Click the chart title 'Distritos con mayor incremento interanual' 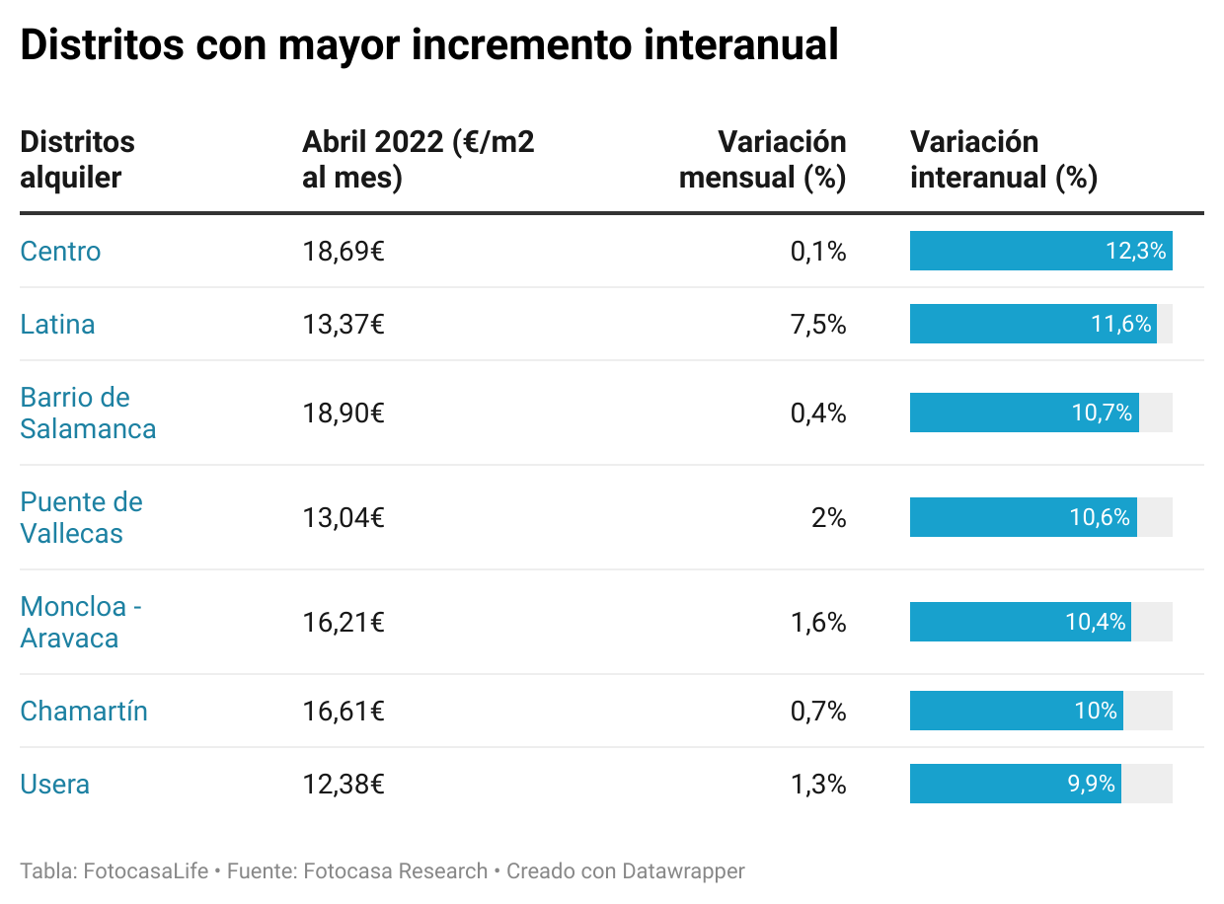428,45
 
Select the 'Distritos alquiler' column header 77,160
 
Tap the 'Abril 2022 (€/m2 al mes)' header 418,160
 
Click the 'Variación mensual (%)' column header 763,160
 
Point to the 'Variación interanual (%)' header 1003,160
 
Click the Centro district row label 60,252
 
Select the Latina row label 57,325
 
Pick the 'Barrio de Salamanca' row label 88,414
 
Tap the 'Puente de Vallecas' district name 81,518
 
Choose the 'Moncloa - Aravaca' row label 80,623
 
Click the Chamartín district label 84,712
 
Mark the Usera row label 55,785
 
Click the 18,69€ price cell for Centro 344,252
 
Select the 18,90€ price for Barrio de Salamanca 344,414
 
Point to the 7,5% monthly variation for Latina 817,325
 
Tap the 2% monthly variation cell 828,518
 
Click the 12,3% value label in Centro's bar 1135,252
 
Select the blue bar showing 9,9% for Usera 1015,785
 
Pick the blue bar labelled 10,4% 1020,623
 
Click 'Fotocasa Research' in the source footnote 396,871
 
